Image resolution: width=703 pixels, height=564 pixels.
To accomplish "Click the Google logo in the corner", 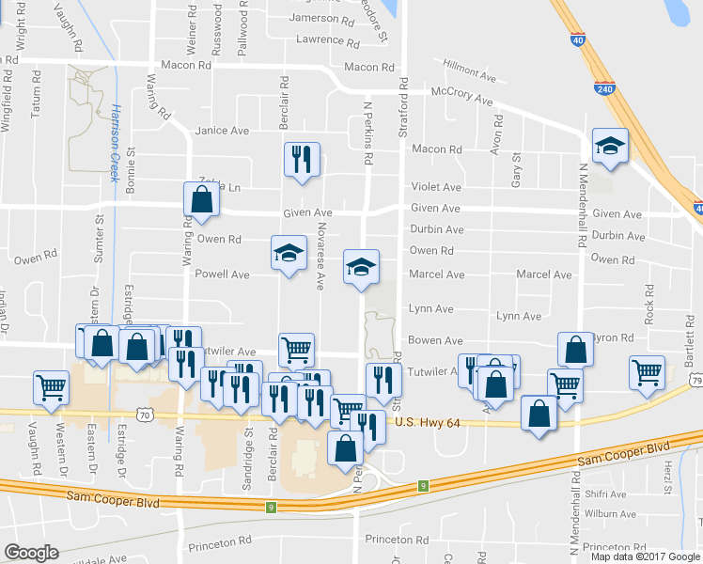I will pyautogui.click(x=31, y=553).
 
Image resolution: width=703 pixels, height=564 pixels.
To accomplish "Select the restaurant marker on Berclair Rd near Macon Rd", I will pyautogui.click(x=302, y=159).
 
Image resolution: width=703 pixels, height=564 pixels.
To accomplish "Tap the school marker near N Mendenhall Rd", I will pyautogui.click(x=610, y=146).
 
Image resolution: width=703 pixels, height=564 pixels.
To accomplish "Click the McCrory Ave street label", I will pyautogui.click(x=461, y=97).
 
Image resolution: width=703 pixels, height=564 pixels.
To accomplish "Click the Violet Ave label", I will pyautogui.click(x=435, y=187).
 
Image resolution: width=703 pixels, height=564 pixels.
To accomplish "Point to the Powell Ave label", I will pyautogui.click(x=222, y=274).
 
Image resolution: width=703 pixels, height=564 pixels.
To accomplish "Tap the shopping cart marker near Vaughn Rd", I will pyautogui.click(x=51, y=386).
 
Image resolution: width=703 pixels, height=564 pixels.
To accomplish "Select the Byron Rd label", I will pyautogui.click(x=614, y=337).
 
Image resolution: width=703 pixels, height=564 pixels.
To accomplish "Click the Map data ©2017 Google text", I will pyautogui.click(x=646, y=556).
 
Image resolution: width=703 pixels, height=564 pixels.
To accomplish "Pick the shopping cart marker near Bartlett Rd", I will pyautogui.click(x=647, y=371).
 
